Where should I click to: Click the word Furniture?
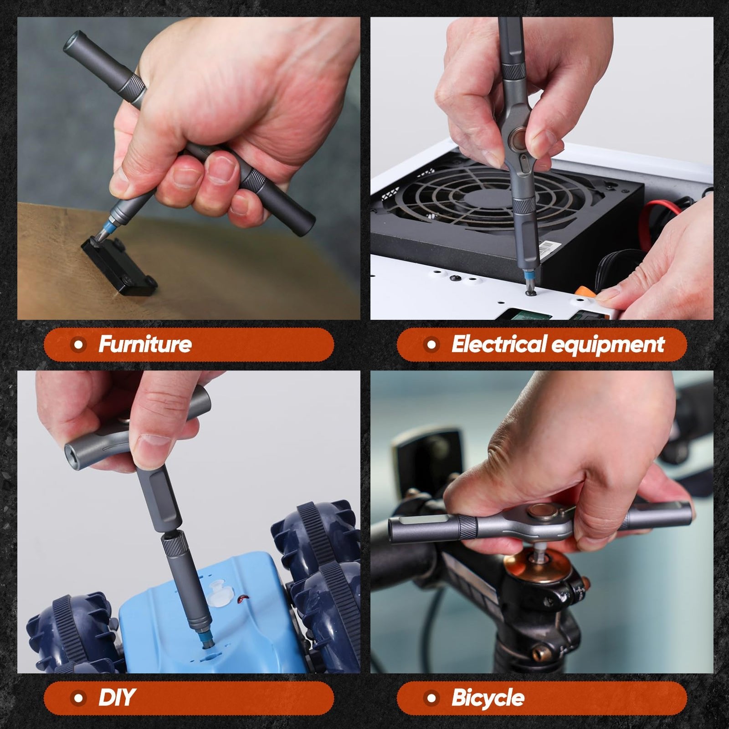(x=145, y=344)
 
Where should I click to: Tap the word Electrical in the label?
(x=499, y=344)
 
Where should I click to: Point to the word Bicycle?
(x=488, y=698)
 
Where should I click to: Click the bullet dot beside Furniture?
(x=79, y=344)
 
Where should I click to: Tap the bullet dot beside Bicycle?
(x=431, y=698)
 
